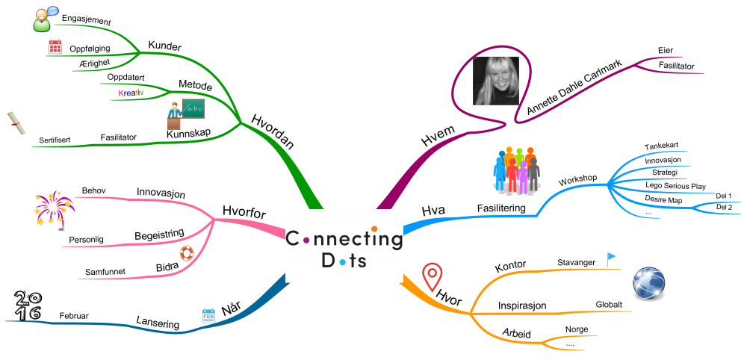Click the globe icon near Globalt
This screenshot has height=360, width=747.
point(649,285)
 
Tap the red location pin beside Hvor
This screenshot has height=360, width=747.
point(433,277)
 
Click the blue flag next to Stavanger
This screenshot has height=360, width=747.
point(611,259)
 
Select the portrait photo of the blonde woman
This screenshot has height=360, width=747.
point(496,81)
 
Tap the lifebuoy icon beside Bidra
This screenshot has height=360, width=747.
point(186,253)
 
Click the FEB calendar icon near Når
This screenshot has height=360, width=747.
point(208,315)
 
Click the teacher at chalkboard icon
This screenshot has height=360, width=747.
point(186,116)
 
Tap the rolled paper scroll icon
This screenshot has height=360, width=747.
point(17,124)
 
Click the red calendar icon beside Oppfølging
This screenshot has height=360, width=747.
point(55,47)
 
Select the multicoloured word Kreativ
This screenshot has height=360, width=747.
point(131,92)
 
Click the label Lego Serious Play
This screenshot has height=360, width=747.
point(675,186)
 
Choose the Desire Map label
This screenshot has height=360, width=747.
point(663,199)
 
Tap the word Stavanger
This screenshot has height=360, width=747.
point(577,263)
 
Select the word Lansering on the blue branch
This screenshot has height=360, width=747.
point(158,323)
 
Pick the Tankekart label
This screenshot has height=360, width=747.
point(661,146)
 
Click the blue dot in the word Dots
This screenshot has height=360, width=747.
point(341,261)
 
